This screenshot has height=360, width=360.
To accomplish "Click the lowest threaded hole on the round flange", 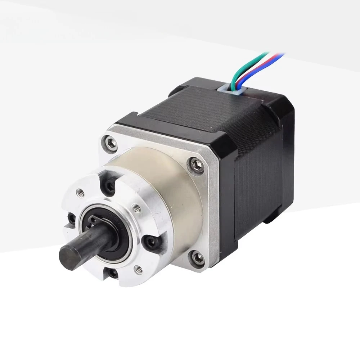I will [137, 268].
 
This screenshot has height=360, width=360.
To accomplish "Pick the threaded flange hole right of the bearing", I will [136, 207].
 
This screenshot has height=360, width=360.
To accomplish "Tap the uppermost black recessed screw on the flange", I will [109, 184].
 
